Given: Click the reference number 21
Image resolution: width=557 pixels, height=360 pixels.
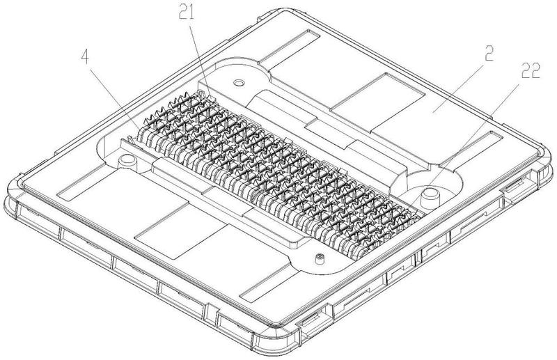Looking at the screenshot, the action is click(187, 13).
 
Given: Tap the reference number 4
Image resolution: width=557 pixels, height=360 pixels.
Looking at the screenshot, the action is click(84, 56).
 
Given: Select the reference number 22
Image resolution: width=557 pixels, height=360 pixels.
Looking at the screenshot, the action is click(531, 70).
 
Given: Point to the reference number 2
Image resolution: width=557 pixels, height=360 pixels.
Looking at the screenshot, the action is click(489, 54).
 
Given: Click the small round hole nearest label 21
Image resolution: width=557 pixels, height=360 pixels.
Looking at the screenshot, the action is click(239, 83).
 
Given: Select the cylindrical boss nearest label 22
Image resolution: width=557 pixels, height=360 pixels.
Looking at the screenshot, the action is click(429, 198).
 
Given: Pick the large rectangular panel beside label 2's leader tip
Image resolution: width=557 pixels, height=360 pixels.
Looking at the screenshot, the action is click(377, 103).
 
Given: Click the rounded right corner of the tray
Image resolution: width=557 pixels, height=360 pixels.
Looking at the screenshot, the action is click(545, 157).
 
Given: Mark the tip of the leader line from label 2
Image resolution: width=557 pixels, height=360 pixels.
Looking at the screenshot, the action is click(432, 112).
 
